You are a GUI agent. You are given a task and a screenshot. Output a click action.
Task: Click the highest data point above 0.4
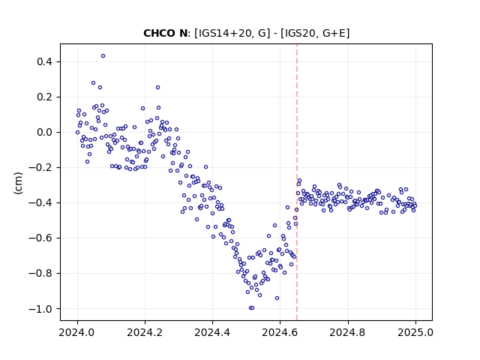pyautogui.click(x=103, y=56)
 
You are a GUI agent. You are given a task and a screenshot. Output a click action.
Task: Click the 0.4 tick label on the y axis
pyautogui.click(x=44, y=61)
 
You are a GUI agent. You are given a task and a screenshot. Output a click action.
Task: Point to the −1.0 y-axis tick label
pyautogui.click(x=40, y=309)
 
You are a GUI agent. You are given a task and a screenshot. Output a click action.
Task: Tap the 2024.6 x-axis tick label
pyautogui.click(x=280, y=332)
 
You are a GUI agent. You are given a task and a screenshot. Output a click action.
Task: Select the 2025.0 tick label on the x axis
pyautogui.click(x=415, y=332)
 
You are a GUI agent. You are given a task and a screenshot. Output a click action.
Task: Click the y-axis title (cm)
pyautogui.click(x=18, y=183)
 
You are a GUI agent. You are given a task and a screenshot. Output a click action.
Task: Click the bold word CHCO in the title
pyautogui.click(x=159, y=33)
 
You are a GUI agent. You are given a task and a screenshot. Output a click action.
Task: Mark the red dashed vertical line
pyautogui.click(x=297, y=182)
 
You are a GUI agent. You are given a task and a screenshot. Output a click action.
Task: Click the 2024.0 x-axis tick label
pyautogui.click(x=77, y=332)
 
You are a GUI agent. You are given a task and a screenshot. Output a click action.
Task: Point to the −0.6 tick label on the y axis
pyautogui.click(x=40, y=238)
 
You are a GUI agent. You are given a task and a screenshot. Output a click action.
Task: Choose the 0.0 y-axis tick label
pyautogui.click(x=44, y=133)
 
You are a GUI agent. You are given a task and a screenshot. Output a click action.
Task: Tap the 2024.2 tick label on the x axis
pyautogui.click(x=145, y=332)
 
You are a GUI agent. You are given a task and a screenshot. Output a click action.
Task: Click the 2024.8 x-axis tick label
pyautogui.click(x=348, y=332)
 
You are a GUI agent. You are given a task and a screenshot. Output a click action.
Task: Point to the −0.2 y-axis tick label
pyautogui.click(x=40, y=168)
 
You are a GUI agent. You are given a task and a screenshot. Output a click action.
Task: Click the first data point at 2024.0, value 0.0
pyautogui.click(x=77, y=133)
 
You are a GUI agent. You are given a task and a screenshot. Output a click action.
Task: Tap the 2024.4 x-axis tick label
pyautogui.click(x=212, y=332)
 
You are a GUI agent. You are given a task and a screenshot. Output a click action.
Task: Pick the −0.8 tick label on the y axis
pyautogui.click(x=40, y=273)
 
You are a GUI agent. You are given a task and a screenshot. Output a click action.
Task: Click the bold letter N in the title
pyautogui.click(x=183, y=33)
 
